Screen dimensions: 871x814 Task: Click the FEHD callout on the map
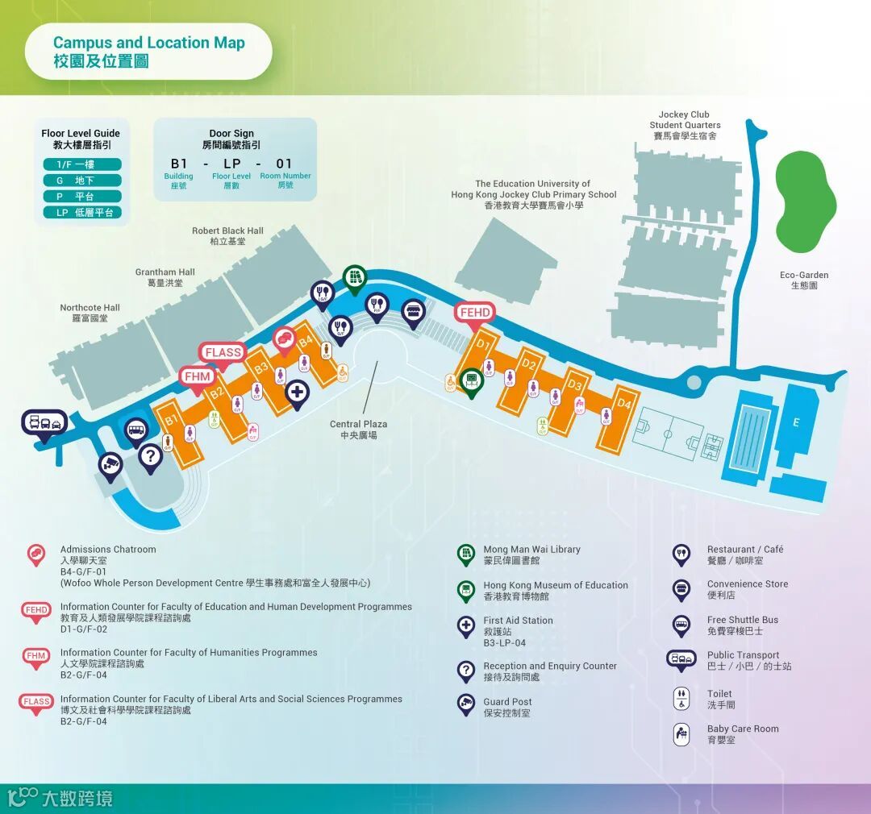pos(475,313)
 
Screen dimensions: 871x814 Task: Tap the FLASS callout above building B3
pos(223,352)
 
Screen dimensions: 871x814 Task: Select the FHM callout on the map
pos(198,376)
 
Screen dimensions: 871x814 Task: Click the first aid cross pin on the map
pos(298,393)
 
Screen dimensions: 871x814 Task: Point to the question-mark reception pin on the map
pos(150,457)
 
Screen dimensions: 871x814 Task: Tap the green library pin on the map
pos(353,278)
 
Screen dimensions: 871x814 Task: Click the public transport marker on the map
pos(44,422)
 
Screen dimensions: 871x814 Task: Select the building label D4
pos(623,403)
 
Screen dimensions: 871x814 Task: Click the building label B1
pos(171,420)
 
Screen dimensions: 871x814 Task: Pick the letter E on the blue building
pos(797,422)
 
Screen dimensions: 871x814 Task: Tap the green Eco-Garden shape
pos(806,201)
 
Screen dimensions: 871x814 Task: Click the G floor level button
pos(82,181)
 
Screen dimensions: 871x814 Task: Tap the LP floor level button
pos(82,213)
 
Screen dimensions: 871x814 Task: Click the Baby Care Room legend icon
pos(682,734)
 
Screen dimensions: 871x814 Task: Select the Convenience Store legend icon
pos(682,589)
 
